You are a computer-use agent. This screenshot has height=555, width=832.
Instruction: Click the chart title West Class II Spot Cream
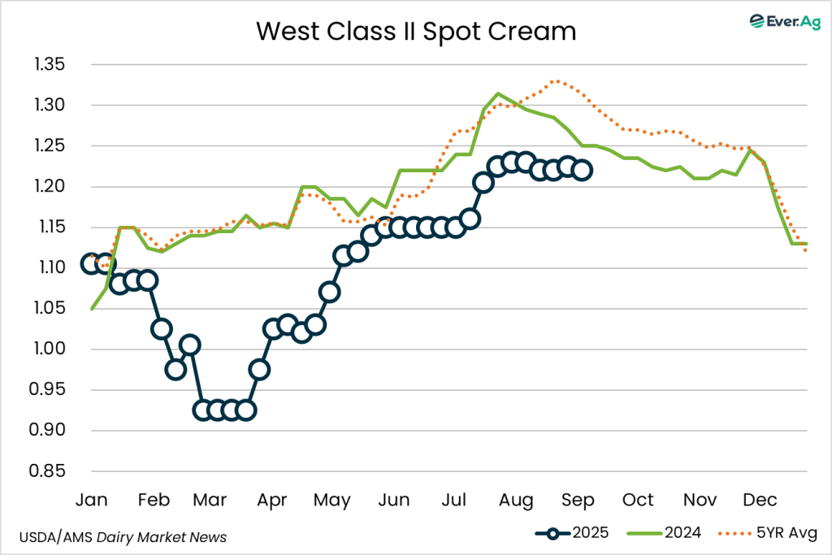coord(416,32)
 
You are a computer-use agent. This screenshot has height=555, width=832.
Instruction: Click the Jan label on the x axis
coord(92,499)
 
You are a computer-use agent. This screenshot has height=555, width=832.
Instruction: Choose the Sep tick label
coord(577,499)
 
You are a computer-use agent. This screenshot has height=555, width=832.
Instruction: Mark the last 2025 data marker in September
coord(583,171)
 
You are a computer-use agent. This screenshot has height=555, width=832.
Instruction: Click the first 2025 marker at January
coord(92,263)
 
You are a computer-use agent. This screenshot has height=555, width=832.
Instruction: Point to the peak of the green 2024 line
coord(498,93)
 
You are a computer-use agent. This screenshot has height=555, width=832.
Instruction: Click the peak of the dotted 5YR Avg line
coord(556,81)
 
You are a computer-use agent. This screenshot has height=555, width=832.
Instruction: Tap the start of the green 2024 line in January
coord(92,309)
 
